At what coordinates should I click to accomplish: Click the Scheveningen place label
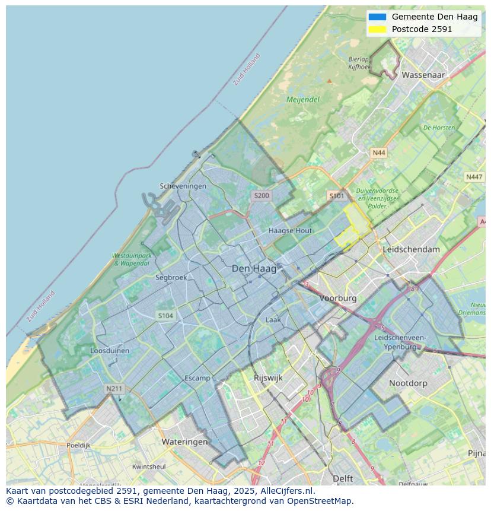pos(183,186)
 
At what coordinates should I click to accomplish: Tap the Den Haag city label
pos(254,269)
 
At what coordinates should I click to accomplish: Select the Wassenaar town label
pos(423,75)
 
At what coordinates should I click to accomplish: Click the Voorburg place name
pos(338,298)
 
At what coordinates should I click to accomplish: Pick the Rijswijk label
pos(268,377)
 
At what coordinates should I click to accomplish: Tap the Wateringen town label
pos(184,442)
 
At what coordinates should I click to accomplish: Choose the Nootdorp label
pos(408,383)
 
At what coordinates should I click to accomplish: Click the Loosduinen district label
pos(110,351)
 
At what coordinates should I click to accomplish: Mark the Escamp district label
pos(197,378)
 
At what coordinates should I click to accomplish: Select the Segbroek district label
pos(171,277)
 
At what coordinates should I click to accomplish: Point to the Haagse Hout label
pos(290,230)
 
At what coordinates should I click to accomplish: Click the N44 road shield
pos(378,153)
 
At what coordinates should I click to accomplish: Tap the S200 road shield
pos(262,195)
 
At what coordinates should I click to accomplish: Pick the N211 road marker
pos(114,389)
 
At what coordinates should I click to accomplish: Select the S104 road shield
pos(165,316)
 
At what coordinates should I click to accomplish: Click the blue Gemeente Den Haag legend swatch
pos(377,17)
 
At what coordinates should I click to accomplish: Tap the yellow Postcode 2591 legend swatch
pos(377,29)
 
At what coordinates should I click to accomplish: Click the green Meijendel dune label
pos(303,100)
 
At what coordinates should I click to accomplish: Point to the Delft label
pos(343,478)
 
